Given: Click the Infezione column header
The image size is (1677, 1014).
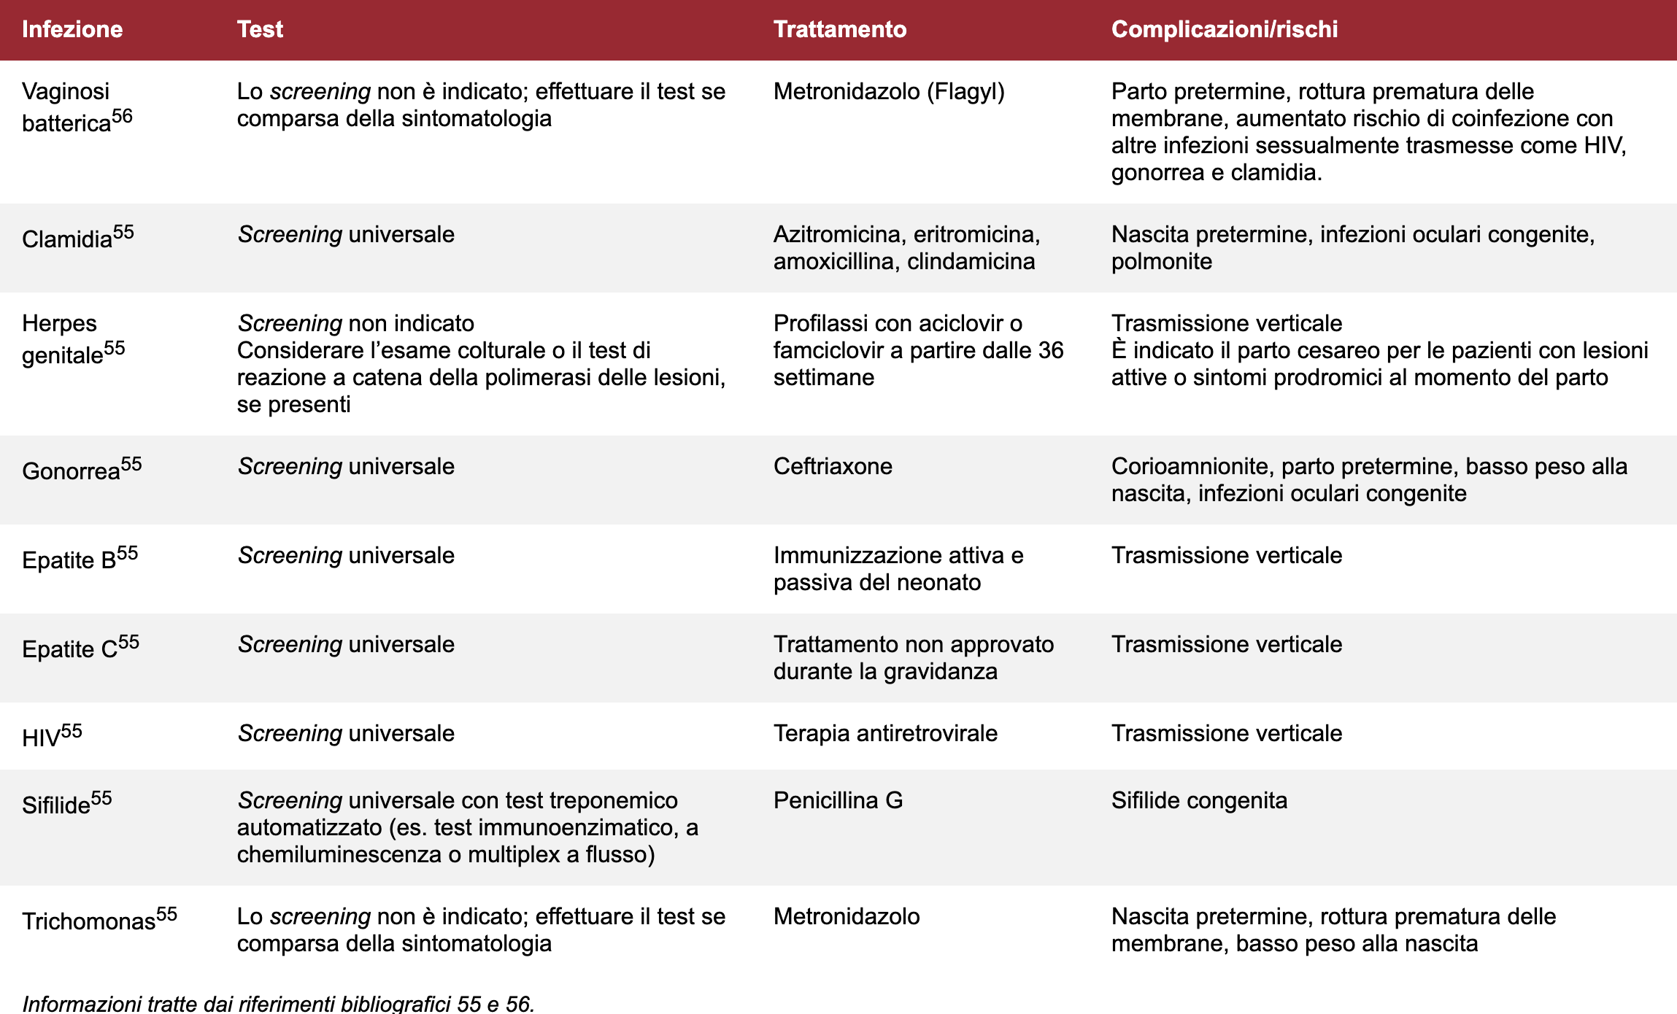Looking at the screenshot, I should tap(72, 29).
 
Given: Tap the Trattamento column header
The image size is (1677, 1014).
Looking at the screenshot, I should tap(839, 29).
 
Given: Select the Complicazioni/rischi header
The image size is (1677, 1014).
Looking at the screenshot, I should tap(1224, 29).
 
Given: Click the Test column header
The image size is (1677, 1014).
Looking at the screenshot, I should tap(260, 29).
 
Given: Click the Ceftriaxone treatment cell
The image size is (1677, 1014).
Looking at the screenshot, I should tap(833, 466).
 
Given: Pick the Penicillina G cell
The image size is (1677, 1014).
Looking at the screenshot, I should tap(838, 800).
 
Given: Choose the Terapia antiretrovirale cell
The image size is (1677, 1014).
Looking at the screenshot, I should tap(885, 733).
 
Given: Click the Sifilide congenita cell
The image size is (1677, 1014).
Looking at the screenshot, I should tap(1199, 800).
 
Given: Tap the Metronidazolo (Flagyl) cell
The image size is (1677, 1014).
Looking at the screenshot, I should tap(889, 91).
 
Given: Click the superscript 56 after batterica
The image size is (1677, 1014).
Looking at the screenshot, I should tap(123, 116).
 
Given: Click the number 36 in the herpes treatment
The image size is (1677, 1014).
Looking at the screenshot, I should tap(1051, 350).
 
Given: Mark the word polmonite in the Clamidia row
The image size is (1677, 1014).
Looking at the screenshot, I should tap(1161, 261).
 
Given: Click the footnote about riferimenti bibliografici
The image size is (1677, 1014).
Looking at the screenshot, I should tap(278, 1003).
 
